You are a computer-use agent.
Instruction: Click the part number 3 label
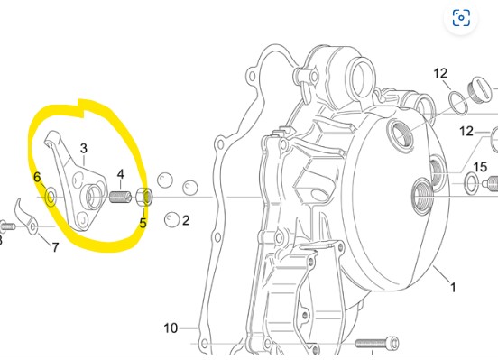click(x=84, y=148)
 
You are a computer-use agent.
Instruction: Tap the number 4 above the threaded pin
click(x=121, y=174)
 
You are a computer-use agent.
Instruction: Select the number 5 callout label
click(x=143, y=223)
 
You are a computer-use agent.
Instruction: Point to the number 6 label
click(x=38, y=178)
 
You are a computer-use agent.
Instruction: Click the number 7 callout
click(x=56, y=247)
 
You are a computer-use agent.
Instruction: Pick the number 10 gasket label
click(x=171, y=328)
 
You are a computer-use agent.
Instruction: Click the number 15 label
click(x=480, y=167)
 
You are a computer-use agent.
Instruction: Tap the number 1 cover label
click(x=453, y=288)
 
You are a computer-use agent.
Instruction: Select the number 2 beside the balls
click(x=186, y=220)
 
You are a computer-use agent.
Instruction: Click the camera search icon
click(x=461, y=17)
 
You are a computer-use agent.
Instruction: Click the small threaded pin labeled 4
click(x=120, y=197)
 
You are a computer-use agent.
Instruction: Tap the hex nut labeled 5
click(x=144, y=197)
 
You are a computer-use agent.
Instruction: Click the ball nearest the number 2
click(x=171, y=219)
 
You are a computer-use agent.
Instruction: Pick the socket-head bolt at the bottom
click(x=377, y=344)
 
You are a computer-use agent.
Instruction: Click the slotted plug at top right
click(x=481, y=88)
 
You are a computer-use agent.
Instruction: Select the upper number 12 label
click(x=440, y=73)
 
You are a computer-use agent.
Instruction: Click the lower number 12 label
click(x=466, y=131)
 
